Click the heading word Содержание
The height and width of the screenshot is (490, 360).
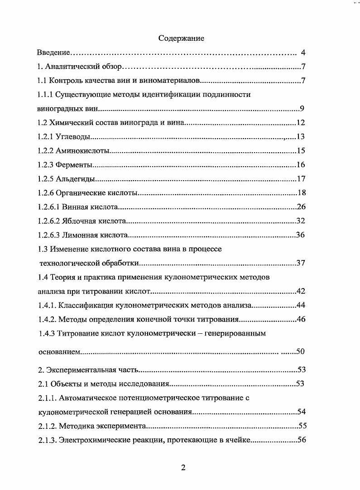181,38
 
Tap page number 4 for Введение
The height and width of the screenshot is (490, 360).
303,53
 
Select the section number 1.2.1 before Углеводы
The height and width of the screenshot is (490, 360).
45,137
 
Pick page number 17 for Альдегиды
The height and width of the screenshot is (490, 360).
301,179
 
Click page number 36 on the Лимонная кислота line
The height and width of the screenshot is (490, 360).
300,235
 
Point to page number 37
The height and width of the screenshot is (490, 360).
301,263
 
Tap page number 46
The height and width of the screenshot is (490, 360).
301,319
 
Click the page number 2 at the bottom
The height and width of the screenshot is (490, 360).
183,468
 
